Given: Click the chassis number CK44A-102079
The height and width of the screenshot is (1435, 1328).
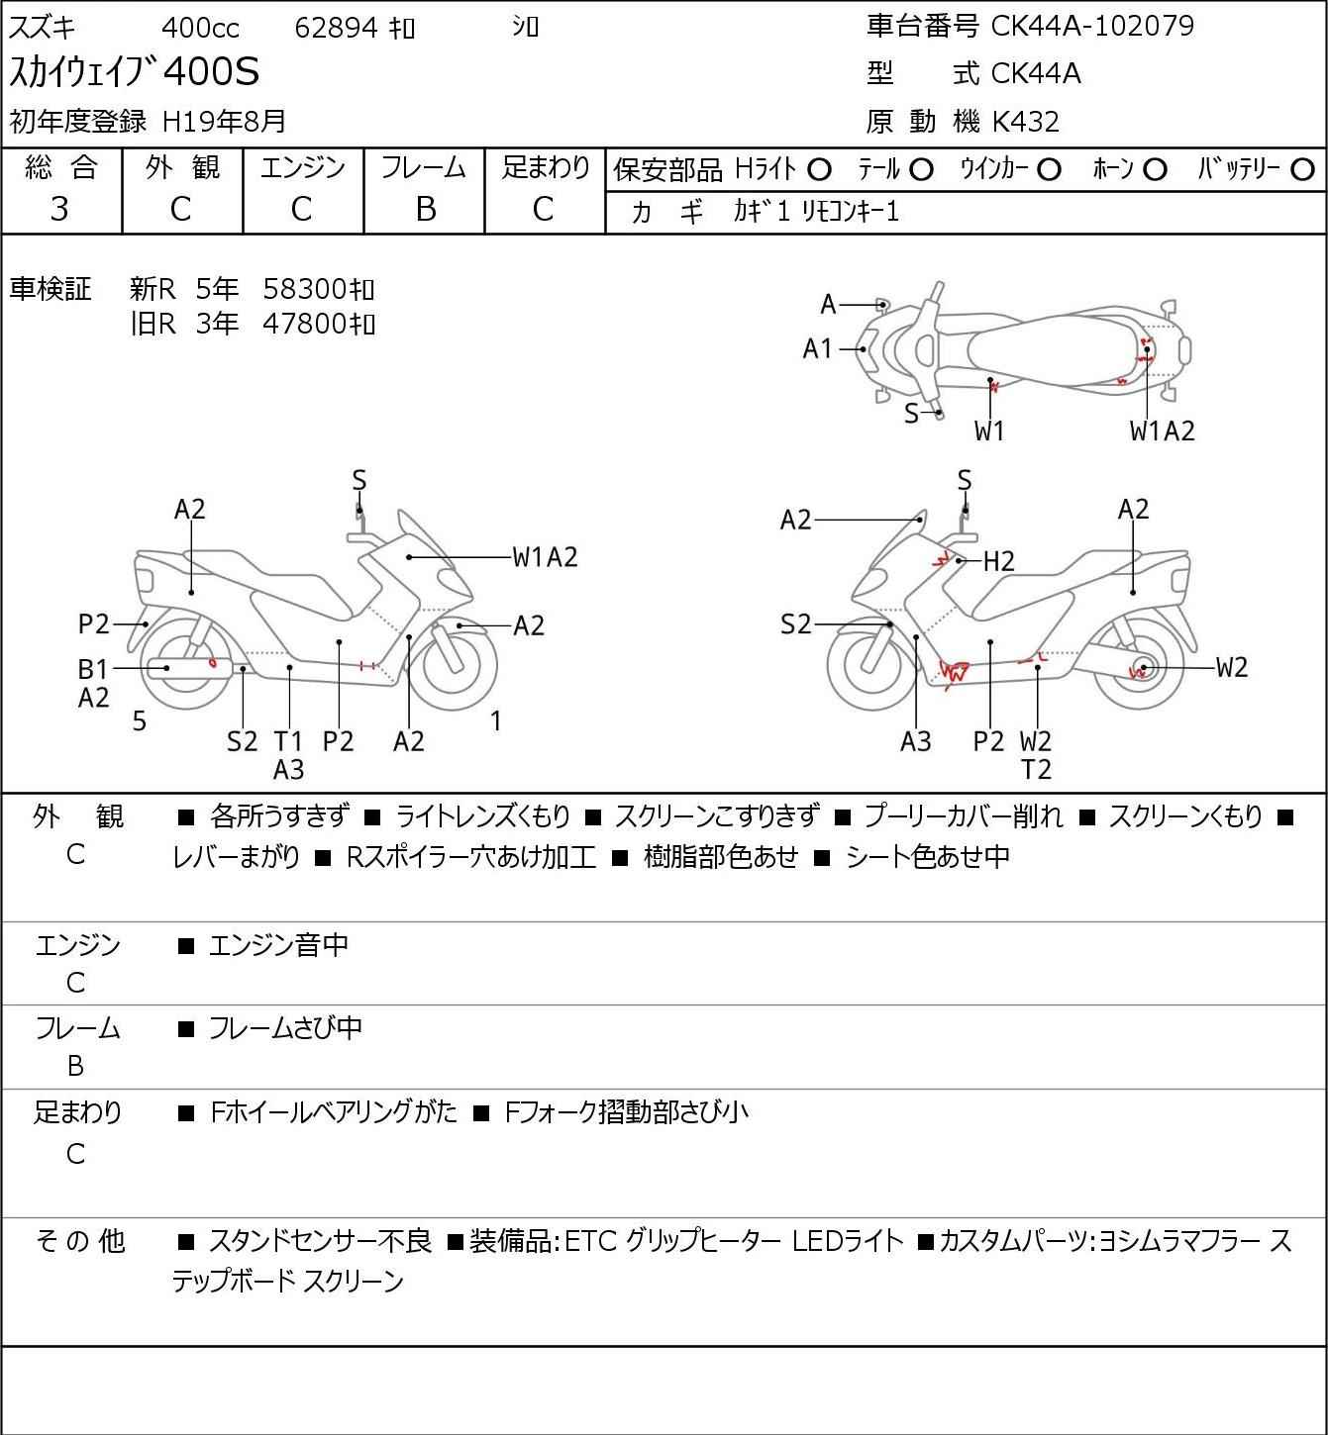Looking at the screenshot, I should coord(1092,26).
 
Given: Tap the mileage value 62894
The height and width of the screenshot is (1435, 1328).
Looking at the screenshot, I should coord(336,28).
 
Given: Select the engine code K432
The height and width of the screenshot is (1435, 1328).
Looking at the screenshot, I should coord(1025,122).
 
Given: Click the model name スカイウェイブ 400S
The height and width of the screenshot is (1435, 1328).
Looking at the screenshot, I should coord(135,72).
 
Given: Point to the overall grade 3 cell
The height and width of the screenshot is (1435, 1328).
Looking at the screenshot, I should coord(60,209).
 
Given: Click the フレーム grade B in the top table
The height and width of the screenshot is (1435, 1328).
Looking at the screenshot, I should coord(425,209).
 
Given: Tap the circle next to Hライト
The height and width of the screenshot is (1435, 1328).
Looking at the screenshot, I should coord(819,170).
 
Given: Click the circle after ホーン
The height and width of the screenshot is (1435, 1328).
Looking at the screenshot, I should coord(1155,170).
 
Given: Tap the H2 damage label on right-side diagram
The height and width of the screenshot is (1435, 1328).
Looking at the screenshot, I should coord(999,562).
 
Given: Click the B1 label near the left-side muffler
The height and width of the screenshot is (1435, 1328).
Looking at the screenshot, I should coord(93,670).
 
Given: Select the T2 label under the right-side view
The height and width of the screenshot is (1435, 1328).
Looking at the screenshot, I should coord(1036,769).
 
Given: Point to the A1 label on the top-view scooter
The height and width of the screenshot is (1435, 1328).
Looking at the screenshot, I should coord(817,348).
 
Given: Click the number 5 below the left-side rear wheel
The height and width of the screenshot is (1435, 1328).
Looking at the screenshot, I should coord(140,721).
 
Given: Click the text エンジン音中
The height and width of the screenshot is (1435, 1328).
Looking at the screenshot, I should coord(278,945).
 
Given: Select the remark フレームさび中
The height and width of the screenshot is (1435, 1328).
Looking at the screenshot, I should coord(285,1028).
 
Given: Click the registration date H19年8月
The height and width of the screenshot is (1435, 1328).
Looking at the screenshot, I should coord(225,121).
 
